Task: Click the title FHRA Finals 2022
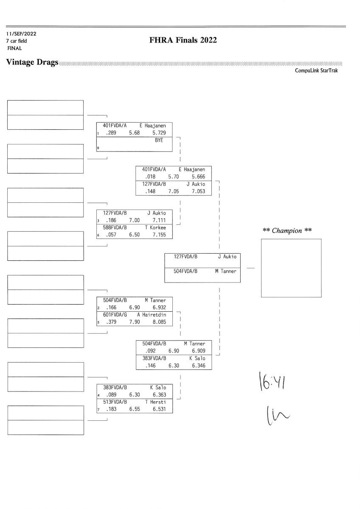[183, 40]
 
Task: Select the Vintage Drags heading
[32, 62]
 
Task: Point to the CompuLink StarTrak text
[316, 71]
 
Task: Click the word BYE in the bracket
[159, 140]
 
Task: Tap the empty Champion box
[291, 268]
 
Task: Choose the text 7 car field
[17, 41]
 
